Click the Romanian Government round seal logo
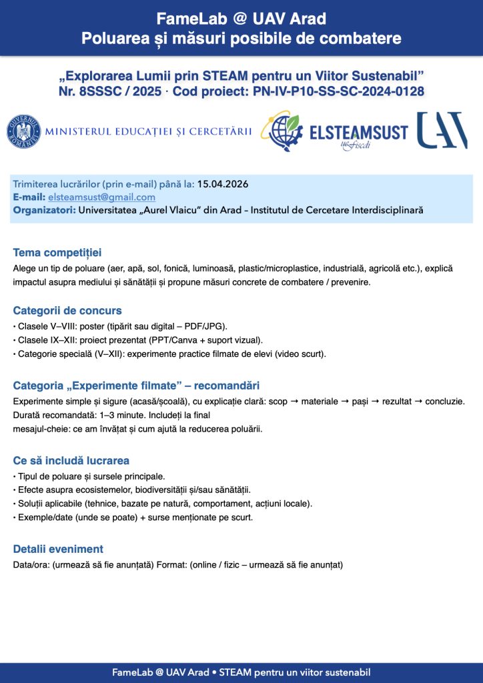[24, 131]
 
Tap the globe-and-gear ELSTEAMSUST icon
[283, 131]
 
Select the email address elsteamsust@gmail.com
[101, 197]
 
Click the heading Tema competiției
[57, 253]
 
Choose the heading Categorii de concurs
[67, 310]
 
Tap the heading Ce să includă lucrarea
[71, 461]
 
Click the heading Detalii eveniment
[58, 549]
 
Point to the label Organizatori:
[44, 211]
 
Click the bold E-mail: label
[29, 197]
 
